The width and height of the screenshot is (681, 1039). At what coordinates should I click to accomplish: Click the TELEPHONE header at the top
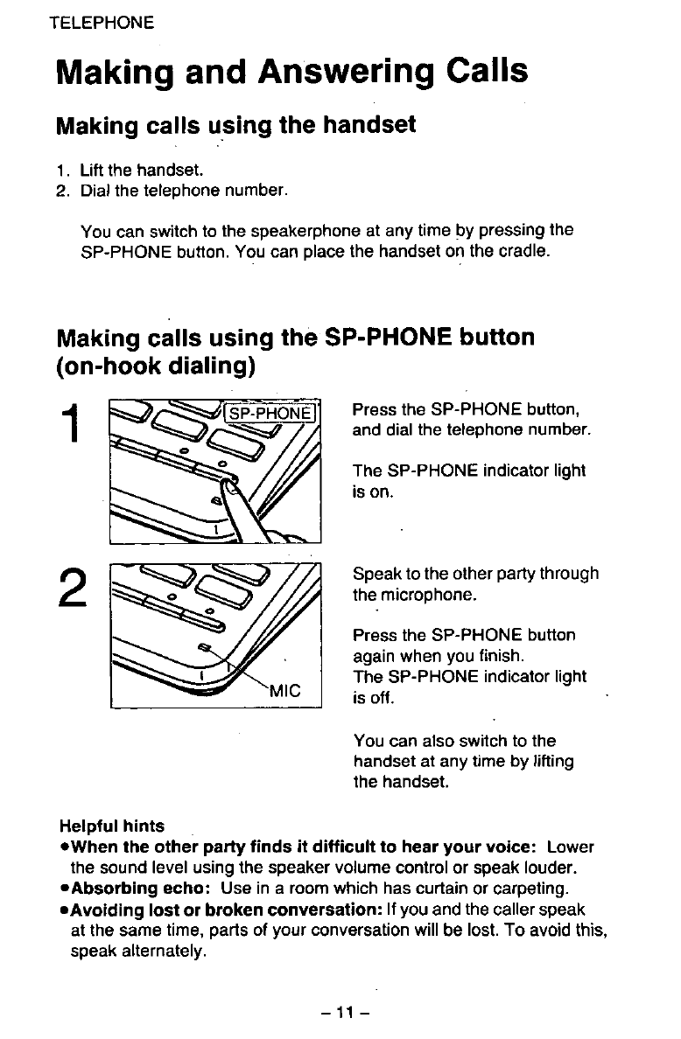(x=102, y=22)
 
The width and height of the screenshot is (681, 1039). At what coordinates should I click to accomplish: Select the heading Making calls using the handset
(x=235, y=125)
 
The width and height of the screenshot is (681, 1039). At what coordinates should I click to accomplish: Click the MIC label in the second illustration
(x=284, y=687)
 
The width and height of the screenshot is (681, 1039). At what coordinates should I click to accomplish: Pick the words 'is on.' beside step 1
(x=372, y=492)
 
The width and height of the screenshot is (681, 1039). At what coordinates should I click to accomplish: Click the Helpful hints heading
(x=111, y=826)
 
